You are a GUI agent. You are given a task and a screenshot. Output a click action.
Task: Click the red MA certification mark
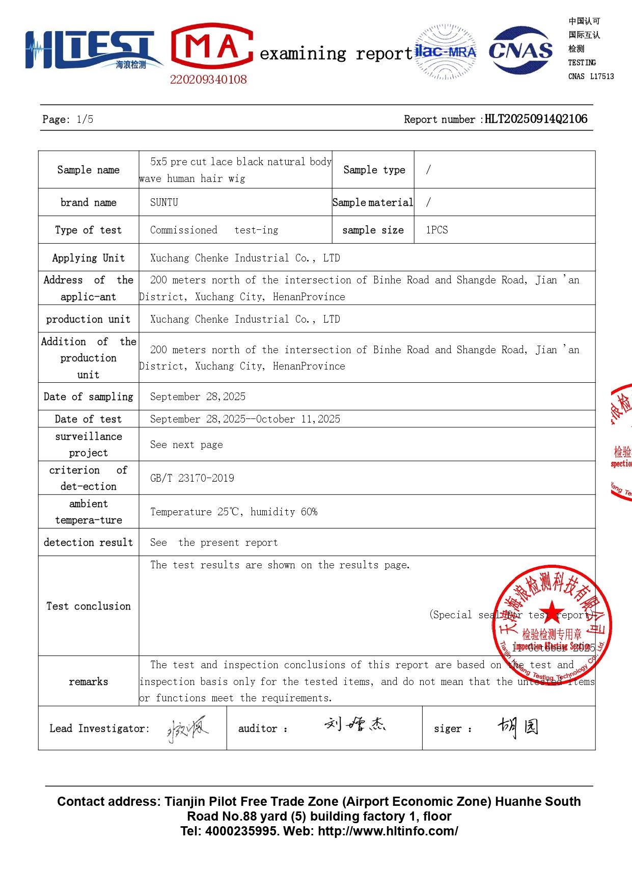[212, 47]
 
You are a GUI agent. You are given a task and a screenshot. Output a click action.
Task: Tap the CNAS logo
[520, 50]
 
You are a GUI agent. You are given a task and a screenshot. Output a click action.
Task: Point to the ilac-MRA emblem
[446, 51]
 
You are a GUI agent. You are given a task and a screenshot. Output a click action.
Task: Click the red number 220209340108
[208, 80]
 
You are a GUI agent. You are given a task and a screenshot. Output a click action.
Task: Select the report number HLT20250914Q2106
[536, 119]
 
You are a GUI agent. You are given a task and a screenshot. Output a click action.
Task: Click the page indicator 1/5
[85, 120]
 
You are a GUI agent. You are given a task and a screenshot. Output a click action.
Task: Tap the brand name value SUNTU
[164, 202]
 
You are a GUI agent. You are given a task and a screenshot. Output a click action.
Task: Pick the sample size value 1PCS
[437, 230]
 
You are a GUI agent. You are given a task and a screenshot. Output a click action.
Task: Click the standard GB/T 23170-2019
[192, 478]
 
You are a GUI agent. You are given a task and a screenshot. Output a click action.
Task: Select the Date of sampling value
[198, 397]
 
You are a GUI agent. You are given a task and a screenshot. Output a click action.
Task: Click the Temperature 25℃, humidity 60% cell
[234, 512]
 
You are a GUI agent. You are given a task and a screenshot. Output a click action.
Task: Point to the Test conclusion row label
[89, 606]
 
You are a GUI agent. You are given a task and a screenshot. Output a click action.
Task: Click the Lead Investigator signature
[187, 729]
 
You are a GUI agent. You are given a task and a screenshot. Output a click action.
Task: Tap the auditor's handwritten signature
[355, 724]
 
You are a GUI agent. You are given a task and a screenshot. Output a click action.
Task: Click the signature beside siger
[517, 727]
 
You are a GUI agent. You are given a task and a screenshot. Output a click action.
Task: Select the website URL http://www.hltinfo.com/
[388, 831]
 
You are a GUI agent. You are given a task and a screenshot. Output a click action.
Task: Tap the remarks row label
[89, 681]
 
